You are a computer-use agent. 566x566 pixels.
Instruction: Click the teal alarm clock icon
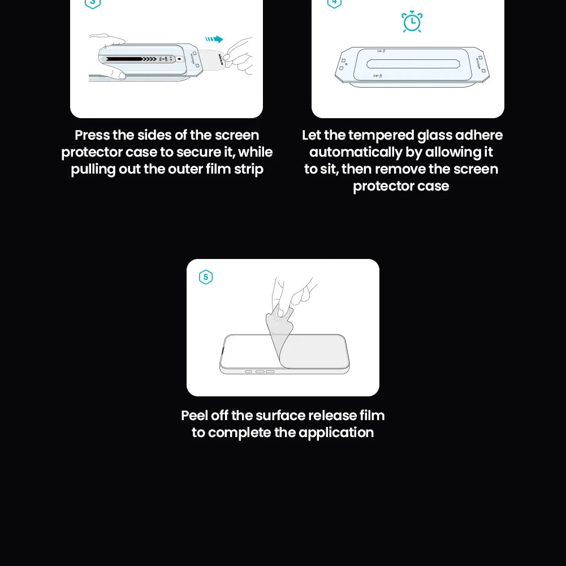tap(412, 21)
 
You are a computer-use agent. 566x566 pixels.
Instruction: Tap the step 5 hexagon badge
tap(206, 277)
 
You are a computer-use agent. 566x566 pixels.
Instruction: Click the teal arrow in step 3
tap(214, 39)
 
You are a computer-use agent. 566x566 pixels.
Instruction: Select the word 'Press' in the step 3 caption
tap(92, 136)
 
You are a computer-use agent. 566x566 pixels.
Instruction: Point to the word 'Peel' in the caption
tap(194, 416)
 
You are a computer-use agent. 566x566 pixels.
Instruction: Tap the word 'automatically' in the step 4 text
tap(356, 153)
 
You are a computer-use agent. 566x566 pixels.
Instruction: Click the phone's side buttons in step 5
tap(260, 371)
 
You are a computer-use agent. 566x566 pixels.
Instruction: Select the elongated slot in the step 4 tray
tap(412, 63)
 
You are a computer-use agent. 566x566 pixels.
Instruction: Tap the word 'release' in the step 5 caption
tap(330, 416)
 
